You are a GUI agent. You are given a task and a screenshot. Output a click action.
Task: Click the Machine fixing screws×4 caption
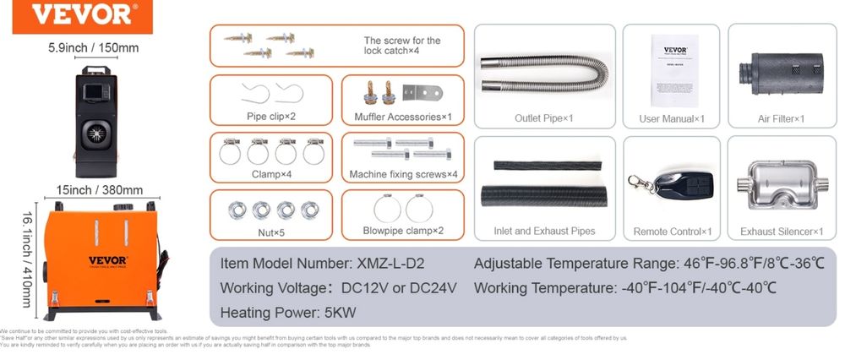(x=403, y=175)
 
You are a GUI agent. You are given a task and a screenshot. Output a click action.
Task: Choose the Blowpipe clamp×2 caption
(x=403, y=230)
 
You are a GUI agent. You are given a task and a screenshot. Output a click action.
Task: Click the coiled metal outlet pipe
(x=542, y=73)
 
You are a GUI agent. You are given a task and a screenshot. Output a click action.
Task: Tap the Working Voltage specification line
(x=338, y=288)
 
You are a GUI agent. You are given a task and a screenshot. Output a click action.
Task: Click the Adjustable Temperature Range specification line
(x=649, y=265)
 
